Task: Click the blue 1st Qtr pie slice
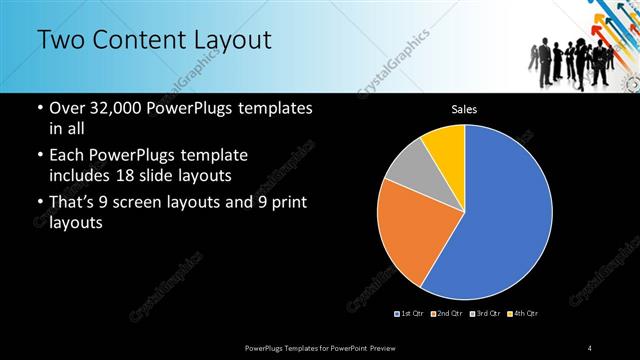click(500, 220)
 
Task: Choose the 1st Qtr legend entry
click(409, 314)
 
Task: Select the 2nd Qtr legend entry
click(447, 314)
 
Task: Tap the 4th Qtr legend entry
click(523, 314)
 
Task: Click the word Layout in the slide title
click(232, 40)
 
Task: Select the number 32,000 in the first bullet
click(116, 107)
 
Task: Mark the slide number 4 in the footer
click(590, 347)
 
